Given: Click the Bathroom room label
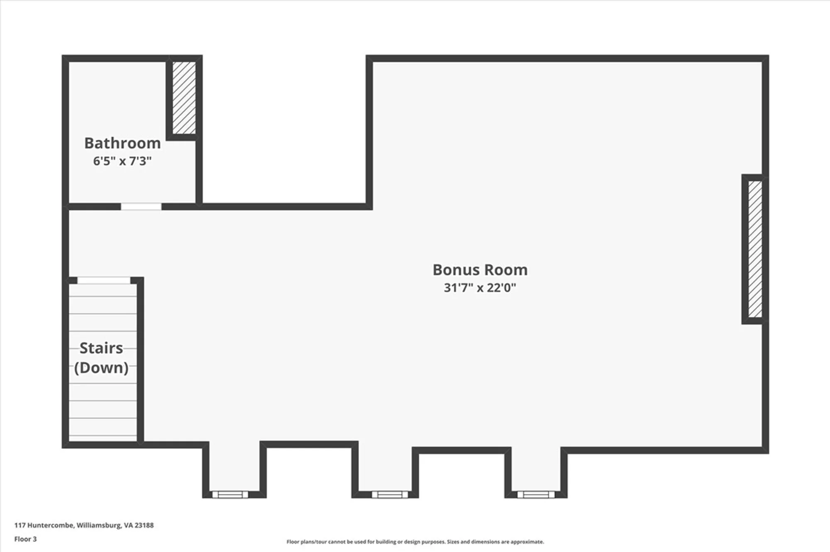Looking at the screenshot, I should (x=122, y=143).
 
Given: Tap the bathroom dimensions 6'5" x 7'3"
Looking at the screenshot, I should (x=122, y=161).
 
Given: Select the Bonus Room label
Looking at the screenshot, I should (x=480, y=270).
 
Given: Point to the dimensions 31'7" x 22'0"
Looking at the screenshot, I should (x=480, y=288).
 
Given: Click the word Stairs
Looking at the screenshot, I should (x=101, y=348).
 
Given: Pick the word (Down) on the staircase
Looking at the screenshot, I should (x=101, y=368).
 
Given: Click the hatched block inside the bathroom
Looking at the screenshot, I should (x=184, y=98).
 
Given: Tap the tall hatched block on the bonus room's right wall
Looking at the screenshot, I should (x=755, y=249).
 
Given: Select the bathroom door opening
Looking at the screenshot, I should (x=141, y=207).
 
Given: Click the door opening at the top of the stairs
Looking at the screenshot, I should (x=104, y=281).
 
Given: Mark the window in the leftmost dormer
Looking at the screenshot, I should (x=230, y=494).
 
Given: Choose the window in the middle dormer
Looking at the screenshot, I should (x=390, y=494).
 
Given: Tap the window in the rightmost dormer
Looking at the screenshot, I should (x=536, y=494).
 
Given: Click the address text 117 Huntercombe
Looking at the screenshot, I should (x=44, y=525).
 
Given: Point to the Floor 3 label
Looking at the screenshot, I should (x=25, y=539).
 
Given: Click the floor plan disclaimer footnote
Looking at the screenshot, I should (x=415, y=542).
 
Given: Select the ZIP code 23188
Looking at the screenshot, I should (x=144, y=525).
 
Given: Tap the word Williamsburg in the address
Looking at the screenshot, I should (x=99, y=525).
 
